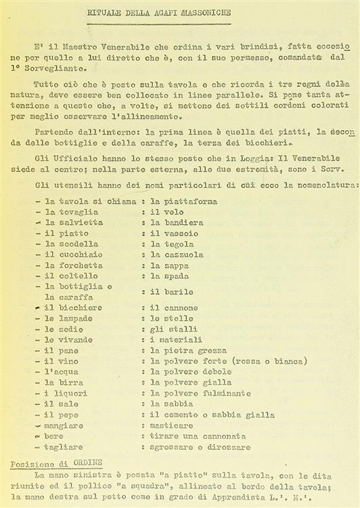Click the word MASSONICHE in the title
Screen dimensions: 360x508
(x=212, y=13)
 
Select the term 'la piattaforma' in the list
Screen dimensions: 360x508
(x=183, y=201)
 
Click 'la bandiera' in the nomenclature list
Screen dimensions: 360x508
(x=177, y=222)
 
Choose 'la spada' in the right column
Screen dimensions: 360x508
(x=170, y=276)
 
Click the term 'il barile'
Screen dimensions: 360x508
(x=172, y=292)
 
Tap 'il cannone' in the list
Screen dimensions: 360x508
(x=174, y=308)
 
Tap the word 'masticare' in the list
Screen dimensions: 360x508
(x=174, y=425)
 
